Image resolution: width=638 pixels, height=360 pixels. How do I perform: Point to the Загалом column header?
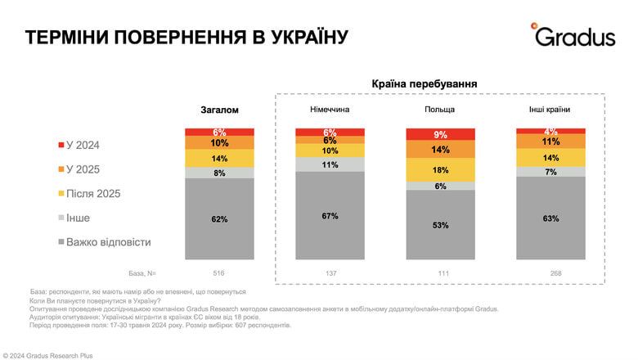point(218,110)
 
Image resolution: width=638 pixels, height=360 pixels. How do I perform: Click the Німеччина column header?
point(330,110)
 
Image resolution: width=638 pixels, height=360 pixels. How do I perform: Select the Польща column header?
point(439,110)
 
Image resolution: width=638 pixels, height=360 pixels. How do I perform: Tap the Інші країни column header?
point(550,110)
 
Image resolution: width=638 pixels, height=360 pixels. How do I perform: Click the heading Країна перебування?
point(424,84)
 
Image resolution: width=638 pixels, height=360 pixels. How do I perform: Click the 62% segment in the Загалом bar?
point(218,219)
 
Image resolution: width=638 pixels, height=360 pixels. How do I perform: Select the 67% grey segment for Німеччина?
point(330,216)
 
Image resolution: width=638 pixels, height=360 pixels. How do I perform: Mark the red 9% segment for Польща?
point(440,134)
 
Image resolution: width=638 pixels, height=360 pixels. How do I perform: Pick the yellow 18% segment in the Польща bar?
point(440,169)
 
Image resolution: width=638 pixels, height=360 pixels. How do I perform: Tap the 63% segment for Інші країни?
point(550,218)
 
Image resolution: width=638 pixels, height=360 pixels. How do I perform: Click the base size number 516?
point(218,272)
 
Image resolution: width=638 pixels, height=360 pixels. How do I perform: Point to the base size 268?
point(550,272)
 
